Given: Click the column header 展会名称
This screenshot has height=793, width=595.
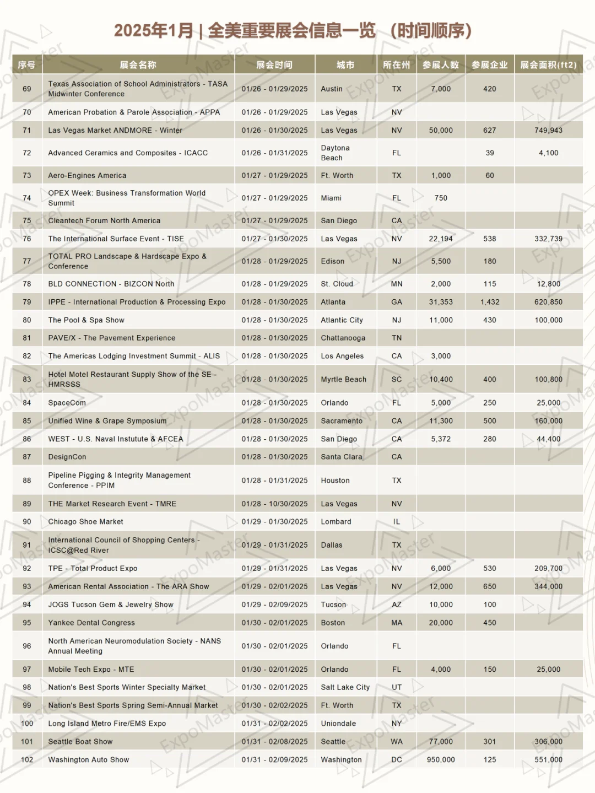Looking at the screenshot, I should point(138,65).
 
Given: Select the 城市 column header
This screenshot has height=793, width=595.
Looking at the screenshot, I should point(345,65).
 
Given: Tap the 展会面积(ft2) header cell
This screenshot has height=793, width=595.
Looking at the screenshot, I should point(548,65).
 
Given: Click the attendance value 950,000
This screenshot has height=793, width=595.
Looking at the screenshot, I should point(441,759).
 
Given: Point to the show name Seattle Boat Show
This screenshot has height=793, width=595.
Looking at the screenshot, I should point(80,742).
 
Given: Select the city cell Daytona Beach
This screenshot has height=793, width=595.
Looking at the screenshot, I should point(336,153).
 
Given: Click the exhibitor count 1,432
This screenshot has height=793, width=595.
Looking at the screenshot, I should point(490,302).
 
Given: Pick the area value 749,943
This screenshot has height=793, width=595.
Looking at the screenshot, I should point(548,130).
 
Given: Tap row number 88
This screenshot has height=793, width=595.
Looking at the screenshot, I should point(27,481).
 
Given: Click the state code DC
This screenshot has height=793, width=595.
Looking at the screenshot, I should point(397,759).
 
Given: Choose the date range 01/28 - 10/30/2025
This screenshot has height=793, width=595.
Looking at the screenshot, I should point(274,504).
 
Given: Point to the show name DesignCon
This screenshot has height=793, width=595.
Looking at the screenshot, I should point(67,457).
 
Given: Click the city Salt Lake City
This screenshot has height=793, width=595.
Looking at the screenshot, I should point(345,687).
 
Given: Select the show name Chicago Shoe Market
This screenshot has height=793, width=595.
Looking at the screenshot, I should point(86,521).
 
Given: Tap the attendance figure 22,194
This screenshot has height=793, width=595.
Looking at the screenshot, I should point(441,239).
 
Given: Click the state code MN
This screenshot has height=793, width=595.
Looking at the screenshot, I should point(397,284).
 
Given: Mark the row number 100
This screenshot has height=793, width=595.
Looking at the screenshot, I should point(27,724).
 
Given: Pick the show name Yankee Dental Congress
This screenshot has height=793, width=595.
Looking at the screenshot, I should point(91,623).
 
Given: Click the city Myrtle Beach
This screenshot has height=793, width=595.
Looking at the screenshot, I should point(344,379).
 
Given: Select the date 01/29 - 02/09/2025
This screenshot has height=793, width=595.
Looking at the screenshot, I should point(274,605).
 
